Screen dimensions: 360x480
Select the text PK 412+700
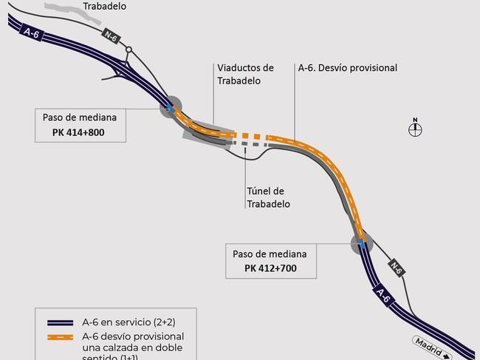pos(270,268)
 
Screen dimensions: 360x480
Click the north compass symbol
pos(415,129)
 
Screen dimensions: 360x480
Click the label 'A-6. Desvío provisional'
pos(348,68)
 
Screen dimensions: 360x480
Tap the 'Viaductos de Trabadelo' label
pos(245,74)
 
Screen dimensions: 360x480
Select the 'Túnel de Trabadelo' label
pos(268,197)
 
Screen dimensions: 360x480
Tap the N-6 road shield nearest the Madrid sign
pos(397,268)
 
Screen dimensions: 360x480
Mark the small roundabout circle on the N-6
pos(128,50)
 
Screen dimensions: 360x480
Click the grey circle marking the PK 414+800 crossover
pos(171,107)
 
